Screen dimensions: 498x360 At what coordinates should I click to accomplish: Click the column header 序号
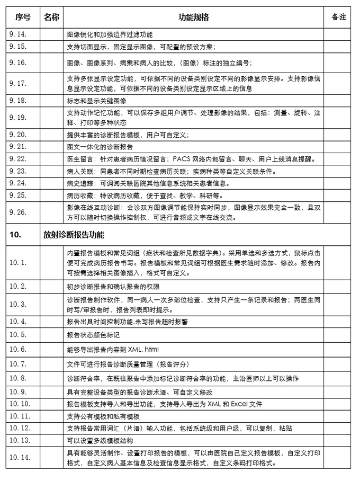[x=23, y=17]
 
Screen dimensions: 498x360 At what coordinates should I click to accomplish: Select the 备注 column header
[x=339, y=17]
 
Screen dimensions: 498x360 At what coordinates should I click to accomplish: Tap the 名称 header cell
[x=51, y=17]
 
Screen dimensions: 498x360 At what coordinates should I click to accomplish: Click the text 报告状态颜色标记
[x=93, y=335]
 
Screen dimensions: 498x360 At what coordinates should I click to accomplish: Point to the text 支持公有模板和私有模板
[x=103, y=417]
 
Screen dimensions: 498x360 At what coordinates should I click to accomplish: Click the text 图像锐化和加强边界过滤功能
[x=110, y=34]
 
